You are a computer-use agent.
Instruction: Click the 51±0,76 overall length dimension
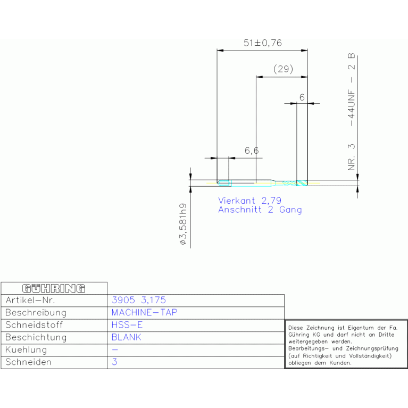tap(263, 43)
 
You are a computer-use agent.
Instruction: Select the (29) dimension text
tap(283, 69)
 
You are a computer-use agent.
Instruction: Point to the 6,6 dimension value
tap(252, 151)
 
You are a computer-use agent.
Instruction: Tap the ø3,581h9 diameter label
tap(183, 224)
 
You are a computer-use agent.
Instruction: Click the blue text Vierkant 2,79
tap(250, 201)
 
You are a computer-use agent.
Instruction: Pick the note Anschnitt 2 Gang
tap(260, 210)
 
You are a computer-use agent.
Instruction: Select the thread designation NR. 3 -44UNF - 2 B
tap(351, 112)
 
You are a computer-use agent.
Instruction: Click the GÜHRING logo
tap(54, 288)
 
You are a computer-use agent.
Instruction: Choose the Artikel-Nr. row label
tap(30, 300)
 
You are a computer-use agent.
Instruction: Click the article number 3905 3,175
tap(139, 300)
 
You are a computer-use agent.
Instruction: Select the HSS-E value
tap(127, 324)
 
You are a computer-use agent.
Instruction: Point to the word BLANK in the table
tap(126, 337)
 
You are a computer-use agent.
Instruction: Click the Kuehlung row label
tap(26, 349)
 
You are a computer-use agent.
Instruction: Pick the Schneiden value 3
tap(114, 362)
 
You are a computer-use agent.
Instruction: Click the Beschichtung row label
tap(36, 337)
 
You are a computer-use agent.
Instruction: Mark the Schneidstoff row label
tap(34, 324)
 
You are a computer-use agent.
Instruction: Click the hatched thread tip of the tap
tap(302, 183)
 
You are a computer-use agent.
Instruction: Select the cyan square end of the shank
tap(224, 183)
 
